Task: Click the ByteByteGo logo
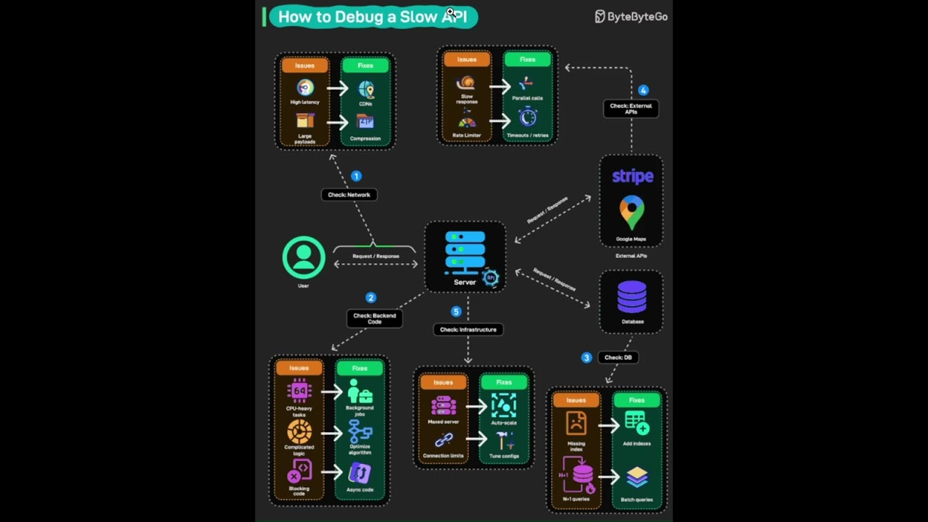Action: coord(631,17)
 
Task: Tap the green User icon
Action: coord(304,257)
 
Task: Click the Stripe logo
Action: coord(632,176)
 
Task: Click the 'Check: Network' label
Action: coord(349,194)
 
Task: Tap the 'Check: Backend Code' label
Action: coord(374,318)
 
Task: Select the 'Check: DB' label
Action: coord(618,357)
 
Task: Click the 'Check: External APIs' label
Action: coord(631,109)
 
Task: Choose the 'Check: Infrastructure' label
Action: coord(468,329)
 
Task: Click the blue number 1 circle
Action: coord(356,176)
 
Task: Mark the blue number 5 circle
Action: coord(456,312)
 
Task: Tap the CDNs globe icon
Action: coord(365,89)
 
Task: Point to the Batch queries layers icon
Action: coord(637,478)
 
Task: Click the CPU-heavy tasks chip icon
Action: coord(299,391)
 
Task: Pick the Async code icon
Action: coord(360,473)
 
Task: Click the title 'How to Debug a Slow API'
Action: coord(373,17)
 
